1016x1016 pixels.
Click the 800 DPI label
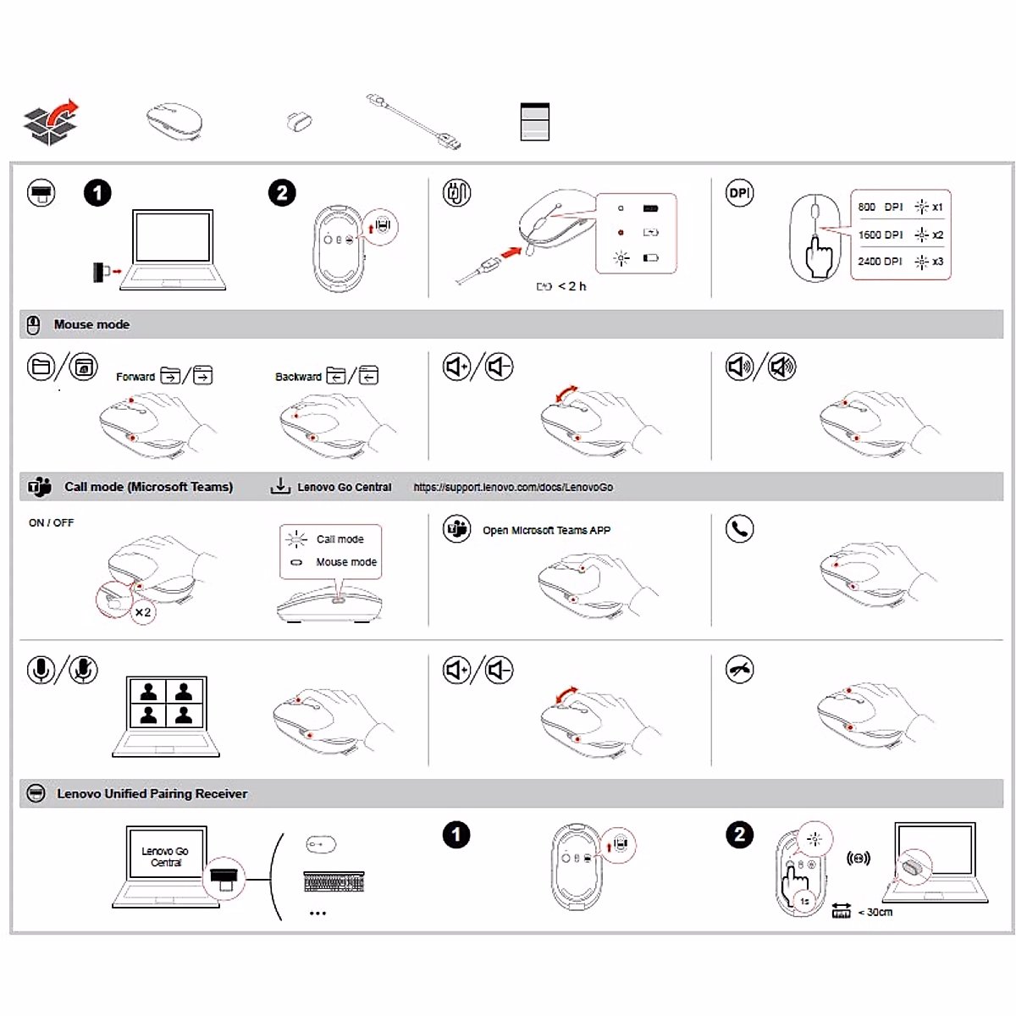coord(880,207)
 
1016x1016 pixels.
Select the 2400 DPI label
coord(880,262)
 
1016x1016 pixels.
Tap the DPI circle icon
coord(739,193)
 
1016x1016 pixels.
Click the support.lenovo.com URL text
coord(513,488)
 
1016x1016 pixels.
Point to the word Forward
coord(135,377)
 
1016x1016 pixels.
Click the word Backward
coord(298,377)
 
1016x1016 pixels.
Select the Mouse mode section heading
coord(91,324)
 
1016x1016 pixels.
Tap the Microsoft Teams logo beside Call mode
coord(39,487)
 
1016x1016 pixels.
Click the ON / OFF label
coord(51,523)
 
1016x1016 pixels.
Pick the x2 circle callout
coord(143,611)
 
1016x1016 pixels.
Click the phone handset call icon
coord(740,529)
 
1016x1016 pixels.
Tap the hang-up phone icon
coord(740,670)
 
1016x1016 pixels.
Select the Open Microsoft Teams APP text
coord(546,531)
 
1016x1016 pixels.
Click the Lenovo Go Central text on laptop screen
coord(165,857)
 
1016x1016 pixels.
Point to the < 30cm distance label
coord(875,912)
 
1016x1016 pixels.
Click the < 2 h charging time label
coord(571,286)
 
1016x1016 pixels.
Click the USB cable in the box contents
coord(415,122)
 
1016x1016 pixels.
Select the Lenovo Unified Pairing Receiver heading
coord(152,794)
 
